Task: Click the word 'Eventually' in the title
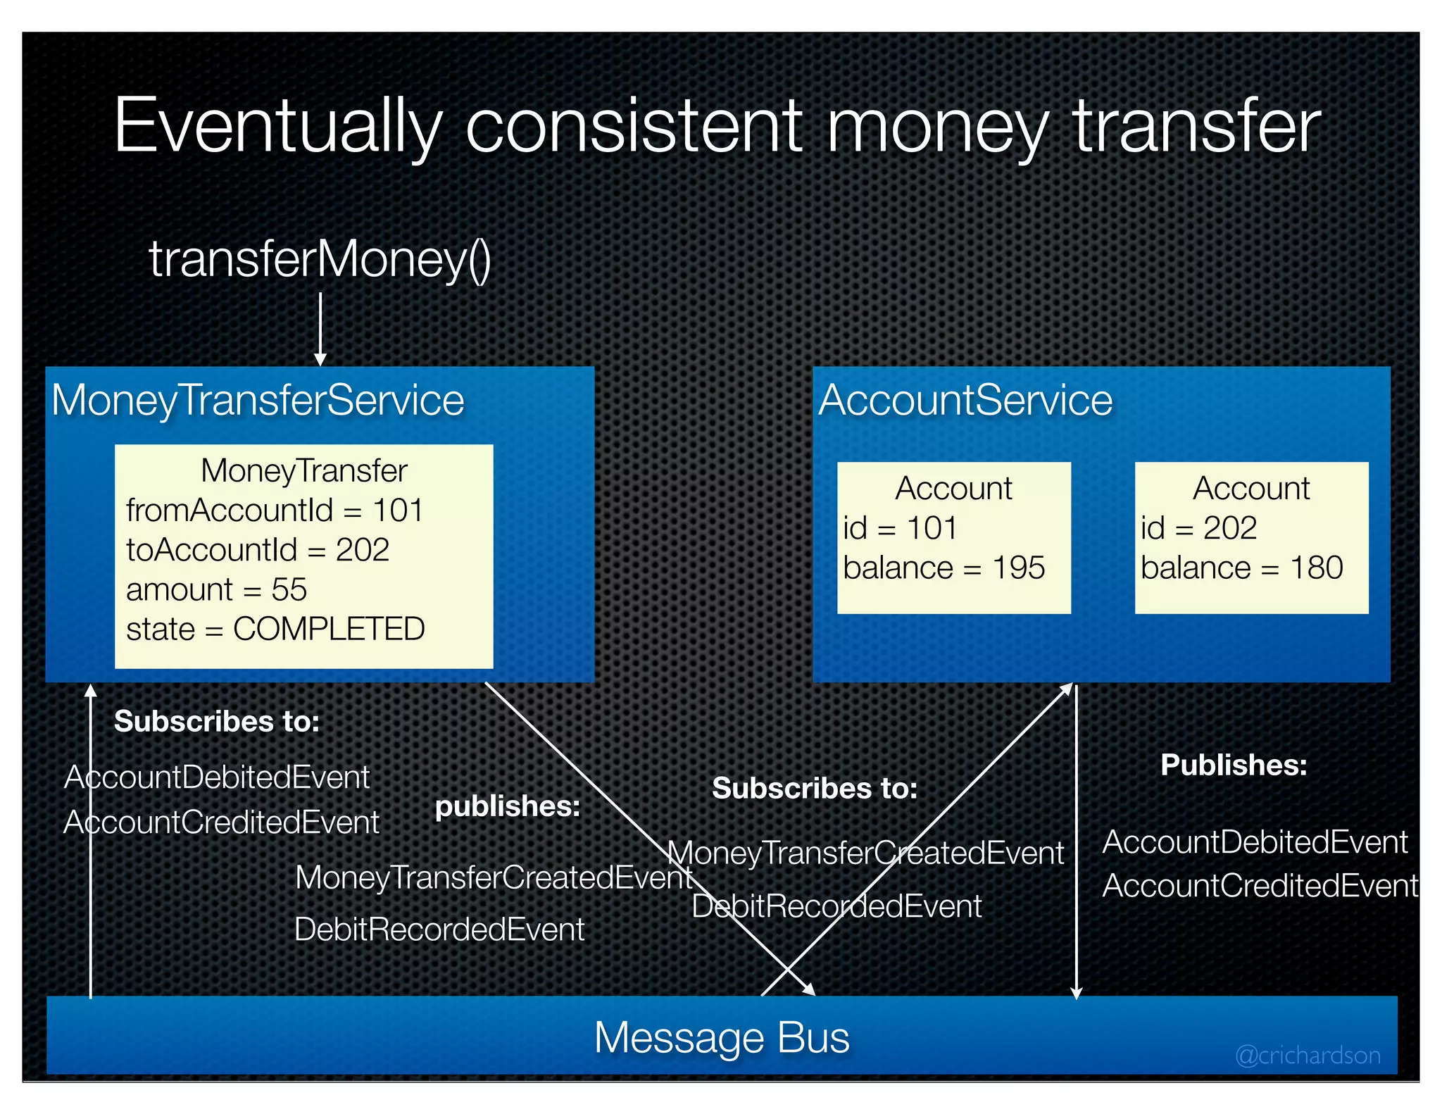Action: tap(277, 127)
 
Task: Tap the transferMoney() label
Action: tap(320, 260)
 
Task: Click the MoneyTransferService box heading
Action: tap(258, 401)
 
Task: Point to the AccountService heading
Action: tap(965, 401)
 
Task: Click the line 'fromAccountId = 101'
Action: tap(275, 511)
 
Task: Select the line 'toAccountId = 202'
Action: tap(258, 550)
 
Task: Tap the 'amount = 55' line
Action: tap(217, 589)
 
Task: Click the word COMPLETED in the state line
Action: tap(329, 629)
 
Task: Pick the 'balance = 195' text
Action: tap(943, 568)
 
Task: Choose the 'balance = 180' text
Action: tap(1241, 568)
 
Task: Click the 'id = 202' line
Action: tap(1198, 528)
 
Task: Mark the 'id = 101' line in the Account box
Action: tap(900, 528)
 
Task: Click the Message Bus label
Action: tap(722, 1037)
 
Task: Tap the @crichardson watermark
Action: tap(1308, 1055)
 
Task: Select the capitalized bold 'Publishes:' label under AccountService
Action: tap(1234, 765)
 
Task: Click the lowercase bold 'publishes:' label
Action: tap(508, 806)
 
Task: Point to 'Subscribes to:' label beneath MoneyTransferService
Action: tap(217, 721)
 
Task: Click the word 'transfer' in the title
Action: tap(1197, 127)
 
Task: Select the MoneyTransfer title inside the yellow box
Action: tap(304, 470)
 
